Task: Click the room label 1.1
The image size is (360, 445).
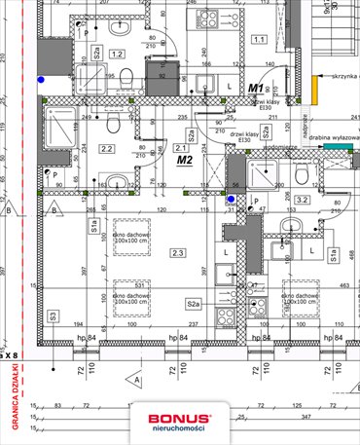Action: pyautogui.click(x=259, y=39)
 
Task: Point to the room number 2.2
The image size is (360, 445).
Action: pyautogui.click(x=107, y=149)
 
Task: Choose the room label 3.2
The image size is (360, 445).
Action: pyautogui.click(x=303, y=199)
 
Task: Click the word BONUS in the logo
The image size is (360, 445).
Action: pyautogui.click(x=179, y=420)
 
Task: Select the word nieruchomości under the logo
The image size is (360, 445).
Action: pyautogui.click(x=180, y=431)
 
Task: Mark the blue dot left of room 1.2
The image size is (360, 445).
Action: pyautogui.click(x=40, y=81)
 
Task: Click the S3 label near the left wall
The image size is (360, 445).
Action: pyautogui.click(x=51, y=315)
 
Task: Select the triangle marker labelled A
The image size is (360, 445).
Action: pyautogui.click(x=139, y=380)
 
